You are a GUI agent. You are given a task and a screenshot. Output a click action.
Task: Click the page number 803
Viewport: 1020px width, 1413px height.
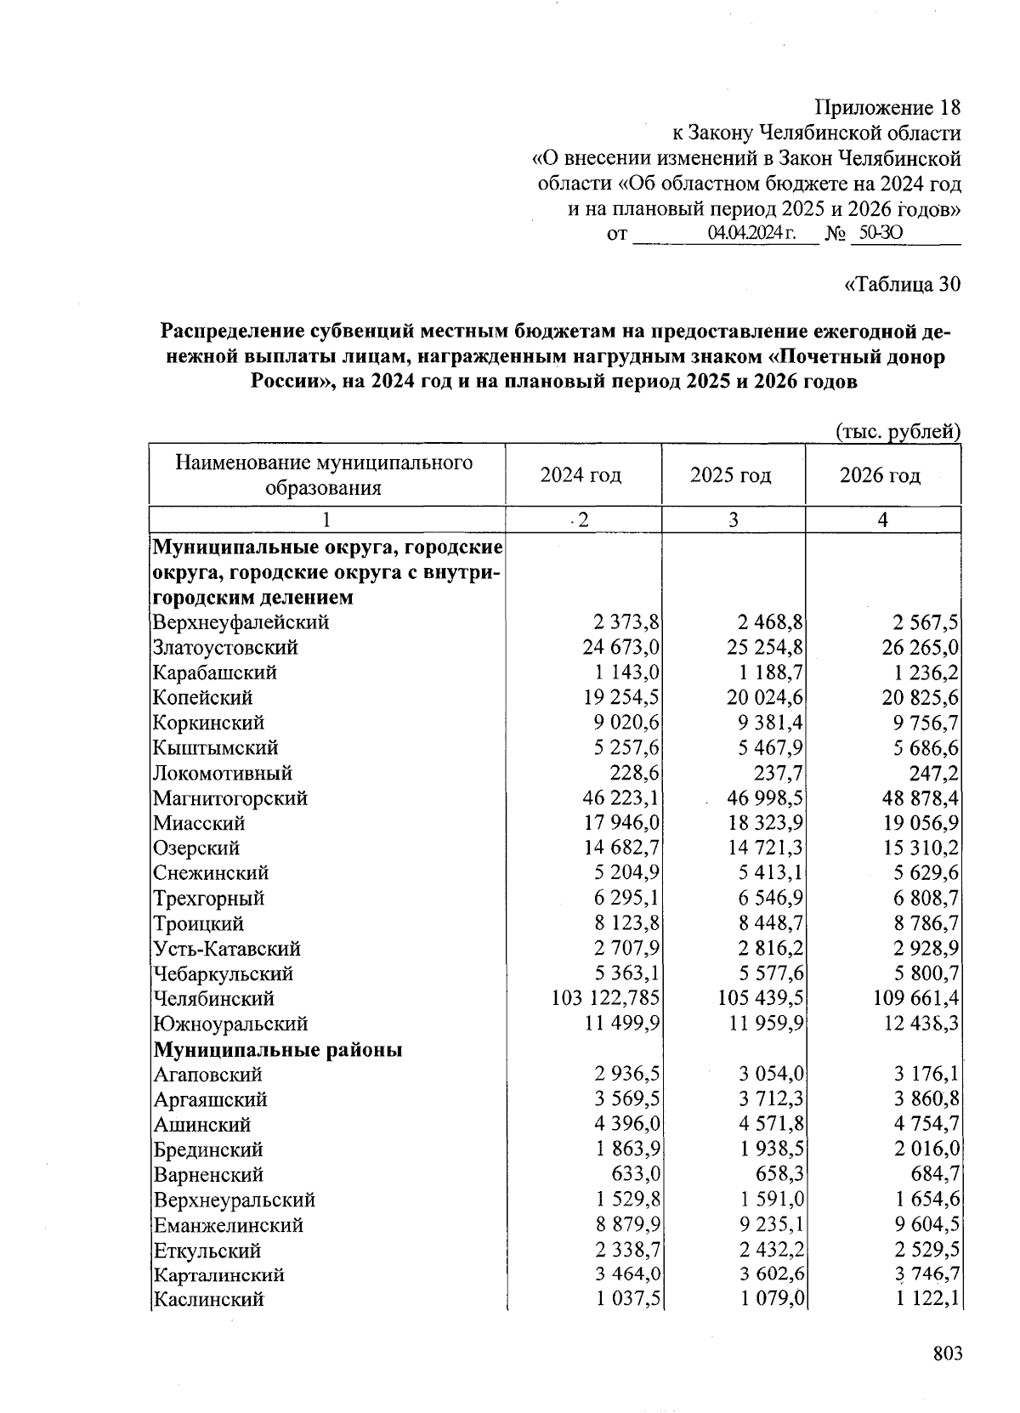(945, 1354)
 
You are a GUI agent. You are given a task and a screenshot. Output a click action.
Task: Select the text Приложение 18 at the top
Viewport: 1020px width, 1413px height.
(887, 109)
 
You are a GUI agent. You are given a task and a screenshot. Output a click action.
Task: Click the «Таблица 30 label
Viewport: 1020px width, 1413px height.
(902, 284)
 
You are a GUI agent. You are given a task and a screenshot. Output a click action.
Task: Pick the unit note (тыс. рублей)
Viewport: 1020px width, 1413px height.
(898, 432)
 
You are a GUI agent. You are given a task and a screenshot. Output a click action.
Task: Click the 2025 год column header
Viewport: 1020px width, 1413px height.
(731, 475)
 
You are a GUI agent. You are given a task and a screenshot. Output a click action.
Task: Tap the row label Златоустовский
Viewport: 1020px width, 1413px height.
(225, 648)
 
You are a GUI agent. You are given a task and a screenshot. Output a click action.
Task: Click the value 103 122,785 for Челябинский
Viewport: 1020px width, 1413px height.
(607, 999)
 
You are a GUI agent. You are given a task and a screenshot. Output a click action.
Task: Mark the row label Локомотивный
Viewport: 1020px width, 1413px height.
(223, 774)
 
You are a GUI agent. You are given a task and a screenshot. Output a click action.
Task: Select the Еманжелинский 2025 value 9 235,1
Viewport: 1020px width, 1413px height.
(765, 1225)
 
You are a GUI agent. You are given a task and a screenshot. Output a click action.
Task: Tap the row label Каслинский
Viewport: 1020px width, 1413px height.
(208, 1300)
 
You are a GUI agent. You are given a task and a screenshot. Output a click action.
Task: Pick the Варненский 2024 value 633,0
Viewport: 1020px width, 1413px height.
(636, 1175)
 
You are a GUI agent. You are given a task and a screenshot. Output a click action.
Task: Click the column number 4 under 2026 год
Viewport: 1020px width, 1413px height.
(883, 520)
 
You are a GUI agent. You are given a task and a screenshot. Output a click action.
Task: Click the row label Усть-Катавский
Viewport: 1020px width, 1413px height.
(227, 949)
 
